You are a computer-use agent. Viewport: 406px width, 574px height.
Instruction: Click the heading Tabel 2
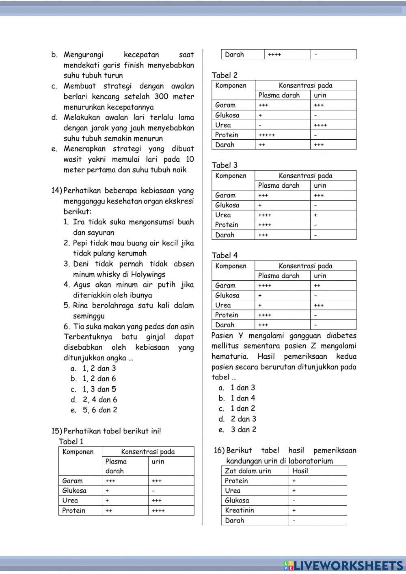[x=225, y=75]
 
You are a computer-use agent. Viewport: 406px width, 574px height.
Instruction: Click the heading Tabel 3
[x=225, y=165]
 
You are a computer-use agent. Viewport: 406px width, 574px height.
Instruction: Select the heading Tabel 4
[x=225, y=256]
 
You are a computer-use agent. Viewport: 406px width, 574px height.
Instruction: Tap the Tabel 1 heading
[x=71, y=442]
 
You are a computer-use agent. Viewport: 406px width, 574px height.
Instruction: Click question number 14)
[x=56, y=191]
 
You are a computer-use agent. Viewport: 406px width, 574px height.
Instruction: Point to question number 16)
[x=219, y=451]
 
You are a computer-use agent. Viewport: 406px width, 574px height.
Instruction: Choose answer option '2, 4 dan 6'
[x=99, y=400]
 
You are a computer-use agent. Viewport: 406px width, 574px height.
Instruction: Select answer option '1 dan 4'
[x=243, y=398]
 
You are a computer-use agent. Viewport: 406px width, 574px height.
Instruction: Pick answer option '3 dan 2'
[x=243, y=429]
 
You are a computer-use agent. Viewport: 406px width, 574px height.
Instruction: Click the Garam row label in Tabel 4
[x=225, y=286]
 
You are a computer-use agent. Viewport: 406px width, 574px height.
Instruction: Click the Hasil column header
[x=300, y=471]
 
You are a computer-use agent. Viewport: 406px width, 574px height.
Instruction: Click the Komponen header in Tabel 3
[x=231, y=176]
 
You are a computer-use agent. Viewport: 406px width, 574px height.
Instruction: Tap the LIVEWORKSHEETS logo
[x=343, y=565]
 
